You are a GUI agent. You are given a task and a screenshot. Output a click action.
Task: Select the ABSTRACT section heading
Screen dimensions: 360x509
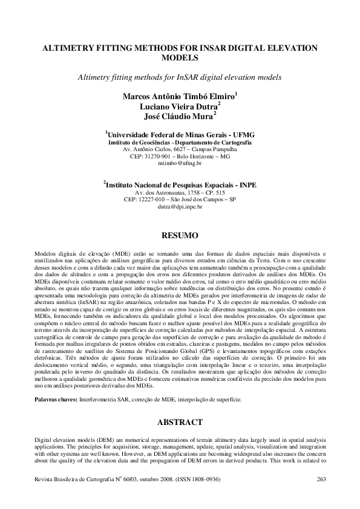tap(180, 421)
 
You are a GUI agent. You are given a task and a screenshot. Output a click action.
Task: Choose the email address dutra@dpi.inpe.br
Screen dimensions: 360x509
tap(180, 206)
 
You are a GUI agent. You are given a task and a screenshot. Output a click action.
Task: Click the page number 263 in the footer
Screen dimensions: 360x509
tap(321, 479)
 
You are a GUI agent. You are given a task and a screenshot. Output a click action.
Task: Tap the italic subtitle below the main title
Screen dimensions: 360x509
tap(180, 78)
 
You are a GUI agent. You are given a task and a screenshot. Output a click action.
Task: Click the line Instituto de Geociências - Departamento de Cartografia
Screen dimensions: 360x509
tap(180, 142)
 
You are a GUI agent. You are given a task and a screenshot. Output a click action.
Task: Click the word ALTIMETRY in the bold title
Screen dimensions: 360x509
tap(68, 47)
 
